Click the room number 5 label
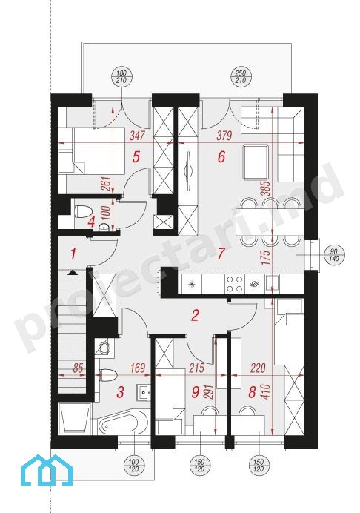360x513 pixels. pos(136,156)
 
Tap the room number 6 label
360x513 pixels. pos(221,156)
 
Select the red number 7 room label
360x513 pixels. pos(221,253)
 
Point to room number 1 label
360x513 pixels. pos(73,254)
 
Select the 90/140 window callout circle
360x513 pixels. pos(333,254)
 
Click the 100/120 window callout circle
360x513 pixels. pos(134,466)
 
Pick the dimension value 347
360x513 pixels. pos(136,136)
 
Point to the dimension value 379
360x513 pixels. pos(224,136)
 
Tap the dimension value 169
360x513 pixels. pos(137,368)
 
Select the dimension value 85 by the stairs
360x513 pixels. pos(77,368)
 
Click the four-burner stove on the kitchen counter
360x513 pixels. pos(234,284)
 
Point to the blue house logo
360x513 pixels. pos(46,470)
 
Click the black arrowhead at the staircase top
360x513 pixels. pos(72,273)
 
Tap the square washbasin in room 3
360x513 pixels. pos(144,391)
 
